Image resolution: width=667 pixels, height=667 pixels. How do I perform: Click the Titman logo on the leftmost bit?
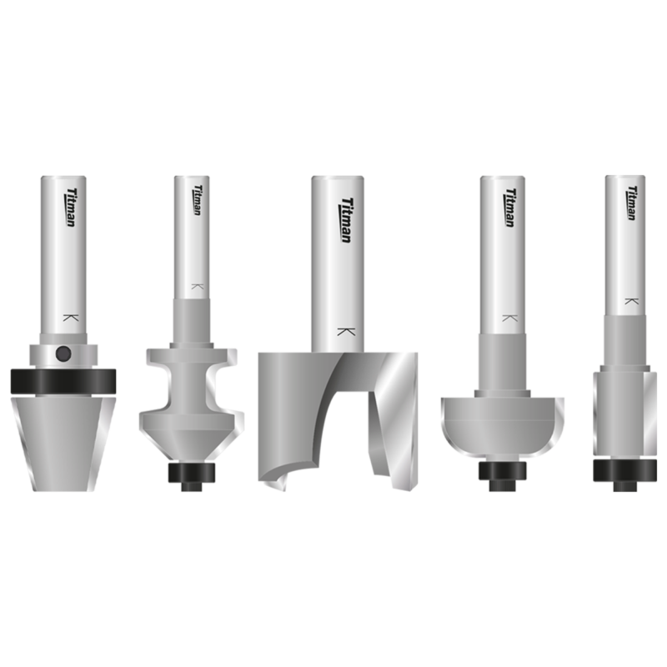coord(68,208)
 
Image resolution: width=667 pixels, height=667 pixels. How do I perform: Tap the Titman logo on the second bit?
coord(198,201)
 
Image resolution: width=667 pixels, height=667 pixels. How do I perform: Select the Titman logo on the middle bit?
coord(345,219)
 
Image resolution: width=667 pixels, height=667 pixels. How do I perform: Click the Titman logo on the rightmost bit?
coord(633,203)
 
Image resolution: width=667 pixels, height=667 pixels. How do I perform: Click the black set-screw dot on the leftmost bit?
coord(63,354)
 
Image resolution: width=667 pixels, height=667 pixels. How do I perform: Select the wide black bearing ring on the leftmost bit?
coord(63,381)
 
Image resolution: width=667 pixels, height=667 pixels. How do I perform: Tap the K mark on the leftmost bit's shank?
coord(68,318)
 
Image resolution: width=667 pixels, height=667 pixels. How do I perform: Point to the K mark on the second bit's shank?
coord(196,286)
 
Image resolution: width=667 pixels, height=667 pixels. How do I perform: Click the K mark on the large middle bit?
coord(343,331)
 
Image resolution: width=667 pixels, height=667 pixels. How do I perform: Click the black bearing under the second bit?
coord(191,472)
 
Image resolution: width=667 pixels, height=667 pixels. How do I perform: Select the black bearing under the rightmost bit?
coord(624,472)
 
